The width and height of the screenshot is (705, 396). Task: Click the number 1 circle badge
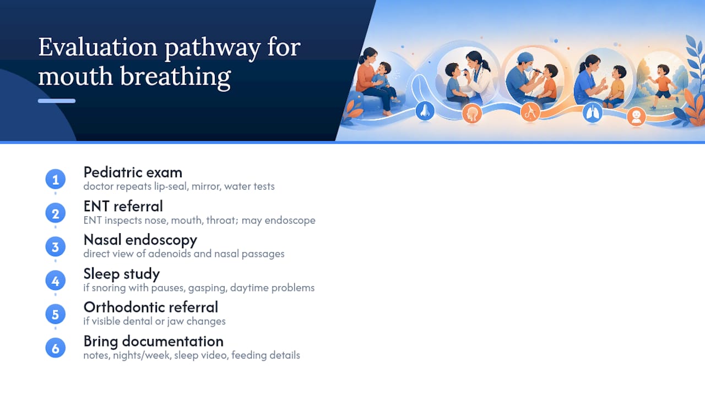click(56, 179)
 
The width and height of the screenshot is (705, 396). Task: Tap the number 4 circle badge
click(56, 280)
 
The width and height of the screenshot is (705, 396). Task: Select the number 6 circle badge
click(56, 348)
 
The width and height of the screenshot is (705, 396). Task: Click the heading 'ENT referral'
click(123, 206)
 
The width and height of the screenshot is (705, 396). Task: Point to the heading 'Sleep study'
click(122, 274)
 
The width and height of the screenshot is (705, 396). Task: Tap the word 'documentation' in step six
click(173, 342)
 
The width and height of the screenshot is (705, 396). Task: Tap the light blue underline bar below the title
click(57, 101)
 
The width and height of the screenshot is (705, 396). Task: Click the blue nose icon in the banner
click(425, 111)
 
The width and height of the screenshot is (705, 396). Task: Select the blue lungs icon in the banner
click(592, 113)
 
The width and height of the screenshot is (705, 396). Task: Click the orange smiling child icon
click(636, 117)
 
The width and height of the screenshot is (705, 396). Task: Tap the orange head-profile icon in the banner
click(472, 113)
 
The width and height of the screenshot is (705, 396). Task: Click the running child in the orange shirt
click(663, 85)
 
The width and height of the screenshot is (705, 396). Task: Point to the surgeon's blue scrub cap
click(525, 58)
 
